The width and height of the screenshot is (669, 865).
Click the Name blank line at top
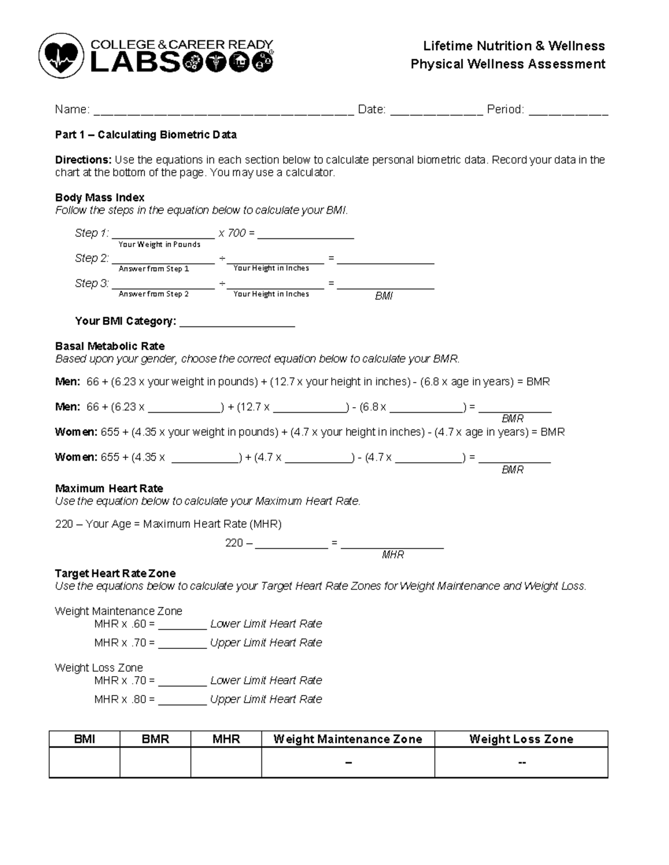coord(223,111)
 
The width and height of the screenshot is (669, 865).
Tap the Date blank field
coord(436,111)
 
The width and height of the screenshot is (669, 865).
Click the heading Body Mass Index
coord(100,198)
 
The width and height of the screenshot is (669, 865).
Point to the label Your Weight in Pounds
coord(159,245)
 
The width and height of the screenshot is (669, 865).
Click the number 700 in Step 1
coord(236,233)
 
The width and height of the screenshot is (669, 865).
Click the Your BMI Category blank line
coord(237,323)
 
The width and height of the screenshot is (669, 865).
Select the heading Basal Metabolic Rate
coord(110,346)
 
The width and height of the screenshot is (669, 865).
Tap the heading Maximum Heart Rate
coord(109,488)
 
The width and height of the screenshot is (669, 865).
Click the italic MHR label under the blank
coord(392,555)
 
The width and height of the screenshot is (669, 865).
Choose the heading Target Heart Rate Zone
coord(115,574)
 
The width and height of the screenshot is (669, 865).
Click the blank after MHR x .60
coord(182,625)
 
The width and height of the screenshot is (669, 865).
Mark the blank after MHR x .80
coord(182,701)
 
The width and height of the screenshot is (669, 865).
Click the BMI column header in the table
coord(85,739)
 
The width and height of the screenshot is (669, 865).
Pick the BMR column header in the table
coord(155,739)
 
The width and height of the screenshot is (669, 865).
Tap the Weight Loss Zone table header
coord(521,739)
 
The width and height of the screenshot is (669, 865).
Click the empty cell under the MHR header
coord(226,762)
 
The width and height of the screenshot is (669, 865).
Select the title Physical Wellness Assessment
coord(507,64)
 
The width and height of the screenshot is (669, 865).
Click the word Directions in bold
coord(83,160)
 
